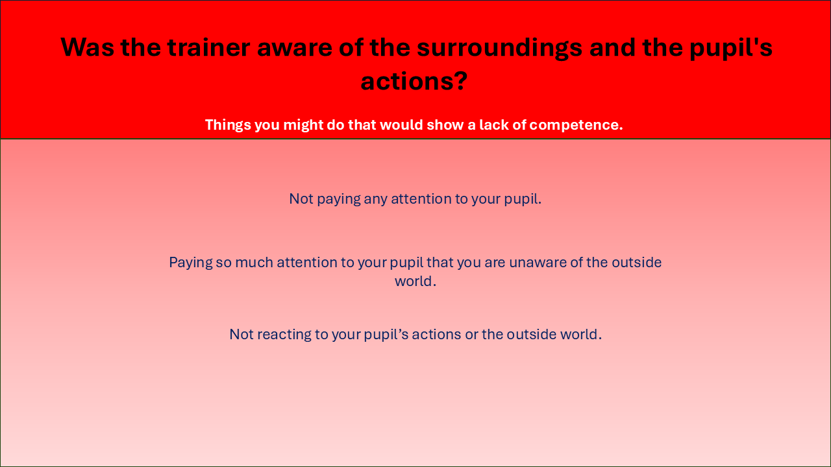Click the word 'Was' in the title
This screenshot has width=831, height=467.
pyautogui.click(x=87, y=47)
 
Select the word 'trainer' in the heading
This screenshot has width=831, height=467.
pyautogui.click(x=209, y=47)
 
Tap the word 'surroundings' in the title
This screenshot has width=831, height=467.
pyautogui.click(x=500, y=49)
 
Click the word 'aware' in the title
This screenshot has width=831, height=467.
pyautogui.click(x=295, y=49)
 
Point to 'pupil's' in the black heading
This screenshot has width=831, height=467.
pyautogui.click(x=731, y=48)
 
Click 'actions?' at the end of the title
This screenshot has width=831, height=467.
pyautogui.click(x=414, y=82)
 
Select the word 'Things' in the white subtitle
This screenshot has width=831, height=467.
pyautogui.click(x=228, y=125)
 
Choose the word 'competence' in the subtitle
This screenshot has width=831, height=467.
pyautogui.click(x=575, y=125)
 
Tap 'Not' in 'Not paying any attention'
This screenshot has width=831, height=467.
pyautogui.click(x=301, y=199)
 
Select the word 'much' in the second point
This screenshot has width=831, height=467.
pyautogui.click(x=254, y=263)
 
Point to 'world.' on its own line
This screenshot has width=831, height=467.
pyautogui.click(x=415, y=281)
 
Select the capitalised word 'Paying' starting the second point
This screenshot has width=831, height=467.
pyautogui.click(x=191, y=263)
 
